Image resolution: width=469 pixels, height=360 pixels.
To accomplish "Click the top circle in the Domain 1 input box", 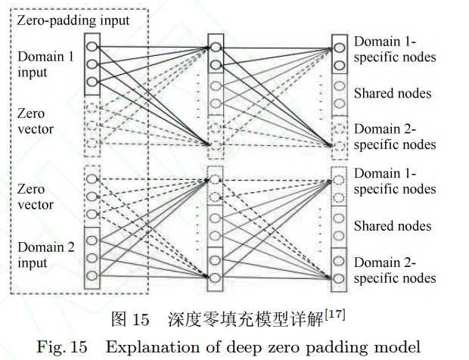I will pos(93,45).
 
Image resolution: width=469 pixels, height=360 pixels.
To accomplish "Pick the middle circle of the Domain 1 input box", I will pos(93,64).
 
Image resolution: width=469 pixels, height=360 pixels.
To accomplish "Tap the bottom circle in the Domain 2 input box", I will pos(93,274).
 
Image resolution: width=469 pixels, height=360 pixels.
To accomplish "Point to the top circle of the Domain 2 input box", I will pos(93,241).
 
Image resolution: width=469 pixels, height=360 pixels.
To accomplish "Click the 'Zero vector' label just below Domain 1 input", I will pos(34,121).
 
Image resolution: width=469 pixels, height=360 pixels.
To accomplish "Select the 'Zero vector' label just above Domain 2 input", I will pos(34,197).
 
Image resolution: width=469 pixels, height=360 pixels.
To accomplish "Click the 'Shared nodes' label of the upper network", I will pos(393,93).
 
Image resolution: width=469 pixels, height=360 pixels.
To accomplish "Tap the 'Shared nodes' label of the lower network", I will pos(393,225).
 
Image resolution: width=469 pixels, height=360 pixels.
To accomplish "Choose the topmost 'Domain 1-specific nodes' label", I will pos(394,48).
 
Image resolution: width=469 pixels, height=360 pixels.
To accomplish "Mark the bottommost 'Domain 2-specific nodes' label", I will pos(394,270).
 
